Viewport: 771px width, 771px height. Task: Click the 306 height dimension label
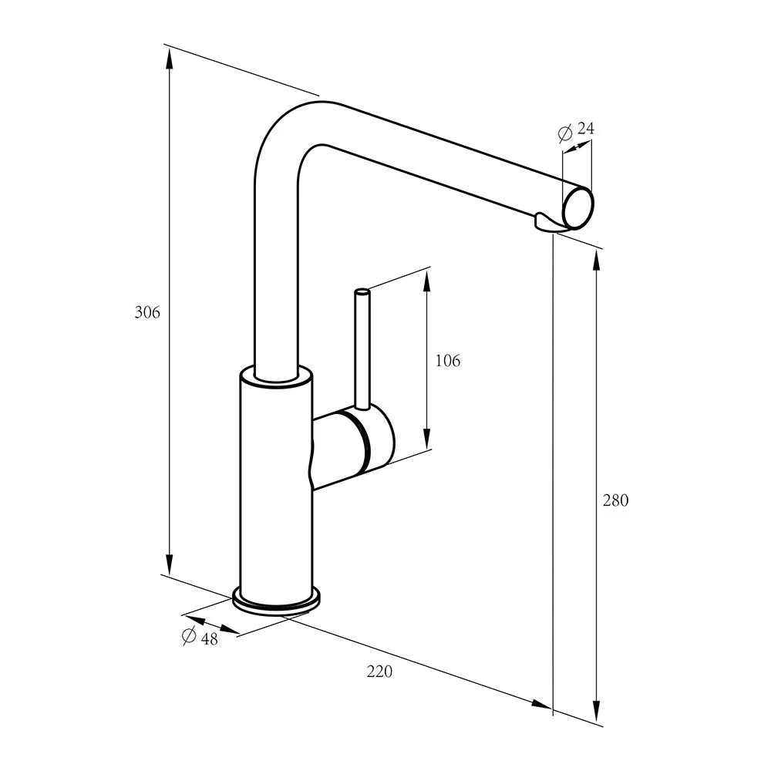(x=147, y=312)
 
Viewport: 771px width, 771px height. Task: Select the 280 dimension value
(x=615, y=500)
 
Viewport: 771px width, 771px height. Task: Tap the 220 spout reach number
(x=379, y=672)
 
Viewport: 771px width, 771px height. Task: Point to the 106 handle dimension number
(x=448, y=361)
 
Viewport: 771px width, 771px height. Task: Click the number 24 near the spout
(x=586, y=128)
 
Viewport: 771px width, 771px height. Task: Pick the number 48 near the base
(x=210, y=638)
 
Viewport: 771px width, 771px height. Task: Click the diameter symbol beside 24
(x=565, y=133)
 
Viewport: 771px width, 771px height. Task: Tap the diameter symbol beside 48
(x=190, y=636)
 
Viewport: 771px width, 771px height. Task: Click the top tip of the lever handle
(x=362, y=292)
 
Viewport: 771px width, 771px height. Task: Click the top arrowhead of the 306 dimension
(x=169, y=59)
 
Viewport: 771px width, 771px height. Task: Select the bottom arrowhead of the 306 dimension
(x=169, y=564)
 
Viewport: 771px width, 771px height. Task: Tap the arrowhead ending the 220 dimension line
(x=541, y=704)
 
